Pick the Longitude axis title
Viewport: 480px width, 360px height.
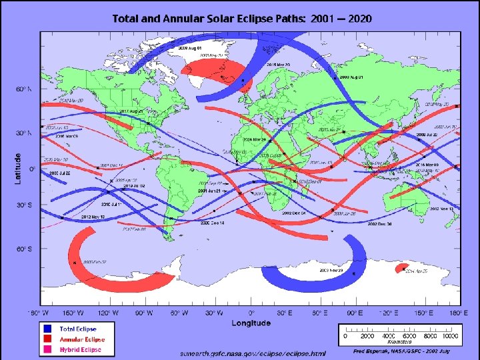(251, 323)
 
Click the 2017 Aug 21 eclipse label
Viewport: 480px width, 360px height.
(131, 111)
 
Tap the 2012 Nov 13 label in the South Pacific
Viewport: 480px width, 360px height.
(441, 209)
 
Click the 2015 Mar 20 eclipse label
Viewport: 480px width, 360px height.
(279, 65)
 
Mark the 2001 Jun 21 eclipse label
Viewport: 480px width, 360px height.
(209, 191)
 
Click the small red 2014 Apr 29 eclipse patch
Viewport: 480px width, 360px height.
(401, 269)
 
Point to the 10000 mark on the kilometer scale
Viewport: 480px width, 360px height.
(452, 336)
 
